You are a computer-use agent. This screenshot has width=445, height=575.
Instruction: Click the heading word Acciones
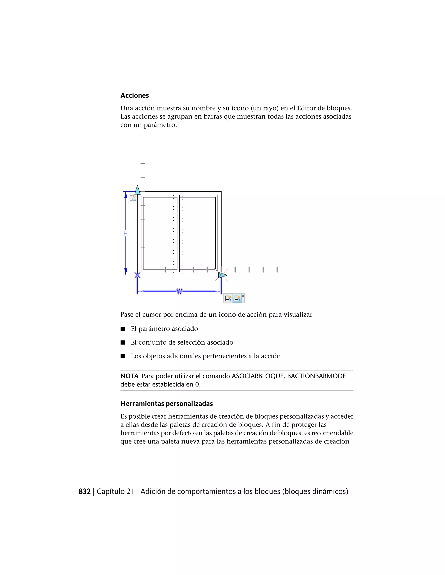click(134, 95)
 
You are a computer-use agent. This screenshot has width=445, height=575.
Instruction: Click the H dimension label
click(126, 233)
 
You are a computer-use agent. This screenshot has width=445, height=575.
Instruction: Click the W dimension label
click(179, 291)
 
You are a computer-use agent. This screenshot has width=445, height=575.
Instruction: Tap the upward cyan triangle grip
click(137, 190)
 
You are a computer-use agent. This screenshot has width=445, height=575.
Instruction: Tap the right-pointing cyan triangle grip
click(222, 275)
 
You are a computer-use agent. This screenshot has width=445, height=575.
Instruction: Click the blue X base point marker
click(137, 275)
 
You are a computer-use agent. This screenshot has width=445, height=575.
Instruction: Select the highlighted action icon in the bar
click(237, 298)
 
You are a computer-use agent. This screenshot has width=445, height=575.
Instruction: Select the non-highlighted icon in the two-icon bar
click(228, 298)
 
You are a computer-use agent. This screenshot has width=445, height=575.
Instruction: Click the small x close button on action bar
click(243, 296)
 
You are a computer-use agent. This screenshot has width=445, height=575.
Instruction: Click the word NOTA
click(129, 376)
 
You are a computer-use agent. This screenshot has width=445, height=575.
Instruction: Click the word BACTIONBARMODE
click(316, 376)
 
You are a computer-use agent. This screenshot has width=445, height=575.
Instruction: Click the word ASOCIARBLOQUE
click(257, 376)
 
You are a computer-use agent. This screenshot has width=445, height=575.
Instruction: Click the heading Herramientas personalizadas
click(166, 404)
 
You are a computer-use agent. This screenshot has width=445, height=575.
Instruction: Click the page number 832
click(84, 491)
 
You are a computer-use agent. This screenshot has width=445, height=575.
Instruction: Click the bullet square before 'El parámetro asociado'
click(123, 329)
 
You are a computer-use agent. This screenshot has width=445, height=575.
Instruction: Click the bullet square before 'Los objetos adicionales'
click(123, 356)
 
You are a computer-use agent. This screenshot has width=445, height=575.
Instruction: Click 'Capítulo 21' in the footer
click(115, 491)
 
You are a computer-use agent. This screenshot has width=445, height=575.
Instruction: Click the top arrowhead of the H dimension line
click(126, 195)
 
